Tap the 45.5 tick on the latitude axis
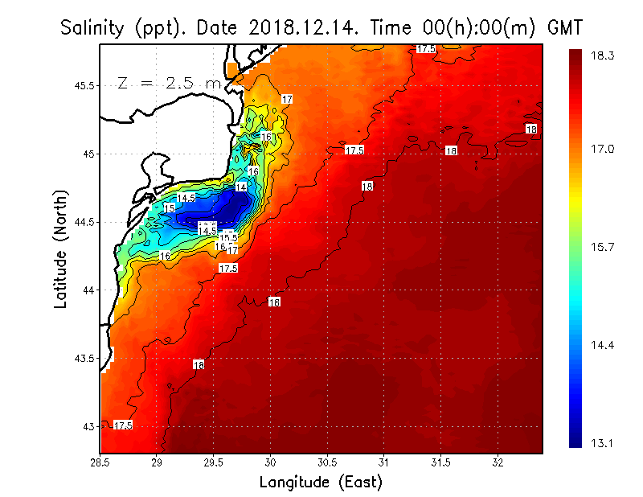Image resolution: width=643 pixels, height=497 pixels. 84,85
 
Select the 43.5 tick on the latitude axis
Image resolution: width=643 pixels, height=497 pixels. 84,358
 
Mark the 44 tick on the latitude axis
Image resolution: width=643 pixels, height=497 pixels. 88,290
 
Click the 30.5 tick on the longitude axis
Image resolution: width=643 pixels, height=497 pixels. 327,463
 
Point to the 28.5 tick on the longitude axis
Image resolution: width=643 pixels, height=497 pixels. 100,463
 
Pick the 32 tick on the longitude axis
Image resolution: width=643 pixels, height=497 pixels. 498,463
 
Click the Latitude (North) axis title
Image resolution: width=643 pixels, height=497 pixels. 61,249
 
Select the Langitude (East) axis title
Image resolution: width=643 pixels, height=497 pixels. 321,483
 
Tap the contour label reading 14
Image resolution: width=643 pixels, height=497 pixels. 240,187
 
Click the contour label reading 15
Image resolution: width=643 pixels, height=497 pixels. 169,208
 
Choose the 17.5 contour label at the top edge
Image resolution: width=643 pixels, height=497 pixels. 426,49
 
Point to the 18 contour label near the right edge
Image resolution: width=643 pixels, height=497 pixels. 531,129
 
